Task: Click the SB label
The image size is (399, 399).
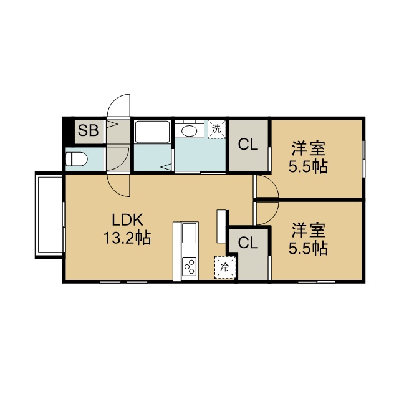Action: [88, 130]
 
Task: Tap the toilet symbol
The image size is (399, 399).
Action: [76, 159]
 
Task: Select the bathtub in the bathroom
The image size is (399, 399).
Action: [152, 132]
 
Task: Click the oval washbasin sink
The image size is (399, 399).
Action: [189, 132]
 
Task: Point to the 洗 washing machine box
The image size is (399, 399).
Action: [216, 129]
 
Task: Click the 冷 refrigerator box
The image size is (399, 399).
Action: [225, 267]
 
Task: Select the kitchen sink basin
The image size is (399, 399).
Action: [190, 233]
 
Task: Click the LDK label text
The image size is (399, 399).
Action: [127, 220]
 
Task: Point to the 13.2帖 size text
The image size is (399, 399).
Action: [127, 238]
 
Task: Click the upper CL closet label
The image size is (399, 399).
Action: [248, 145]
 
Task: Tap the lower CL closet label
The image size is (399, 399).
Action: [248, 243]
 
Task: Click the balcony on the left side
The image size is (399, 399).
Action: [49, 215]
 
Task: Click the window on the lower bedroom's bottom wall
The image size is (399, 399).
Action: [317, 281]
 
